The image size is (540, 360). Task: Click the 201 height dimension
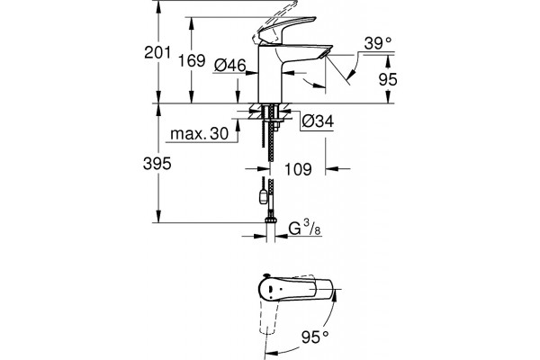click(x=157, y=53)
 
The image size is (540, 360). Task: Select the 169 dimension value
click(x=192, y=61)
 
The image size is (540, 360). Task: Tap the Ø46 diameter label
click(x=230, y=65)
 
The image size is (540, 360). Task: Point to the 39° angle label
click(x=378, y=44)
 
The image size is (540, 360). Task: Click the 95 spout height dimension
click(x=388, y=79)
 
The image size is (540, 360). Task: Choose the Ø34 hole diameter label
click(x=318, y=121)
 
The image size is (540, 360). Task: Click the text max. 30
click(x=200, y=134)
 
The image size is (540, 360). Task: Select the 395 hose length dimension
click(x=157, y=164)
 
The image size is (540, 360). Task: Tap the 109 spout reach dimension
click(x=298, y=169)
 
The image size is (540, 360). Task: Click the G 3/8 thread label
click(x=304, y=229)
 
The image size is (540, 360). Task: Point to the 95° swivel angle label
click(x=315, y=337)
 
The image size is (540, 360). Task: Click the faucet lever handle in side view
click(x=287, y=30)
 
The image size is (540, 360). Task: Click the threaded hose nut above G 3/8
click(x=271, y=220)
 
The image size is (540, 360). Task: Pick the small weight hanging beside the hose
click(x=263, y=197)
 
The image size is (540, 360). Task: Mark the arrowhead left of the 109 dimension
click(x=264, y=169)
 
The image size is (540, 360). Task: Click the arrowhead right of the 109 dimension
click(x=331, y=169)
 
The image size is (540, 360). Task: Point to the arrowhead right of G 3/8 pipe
click(x=282, y=237)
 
